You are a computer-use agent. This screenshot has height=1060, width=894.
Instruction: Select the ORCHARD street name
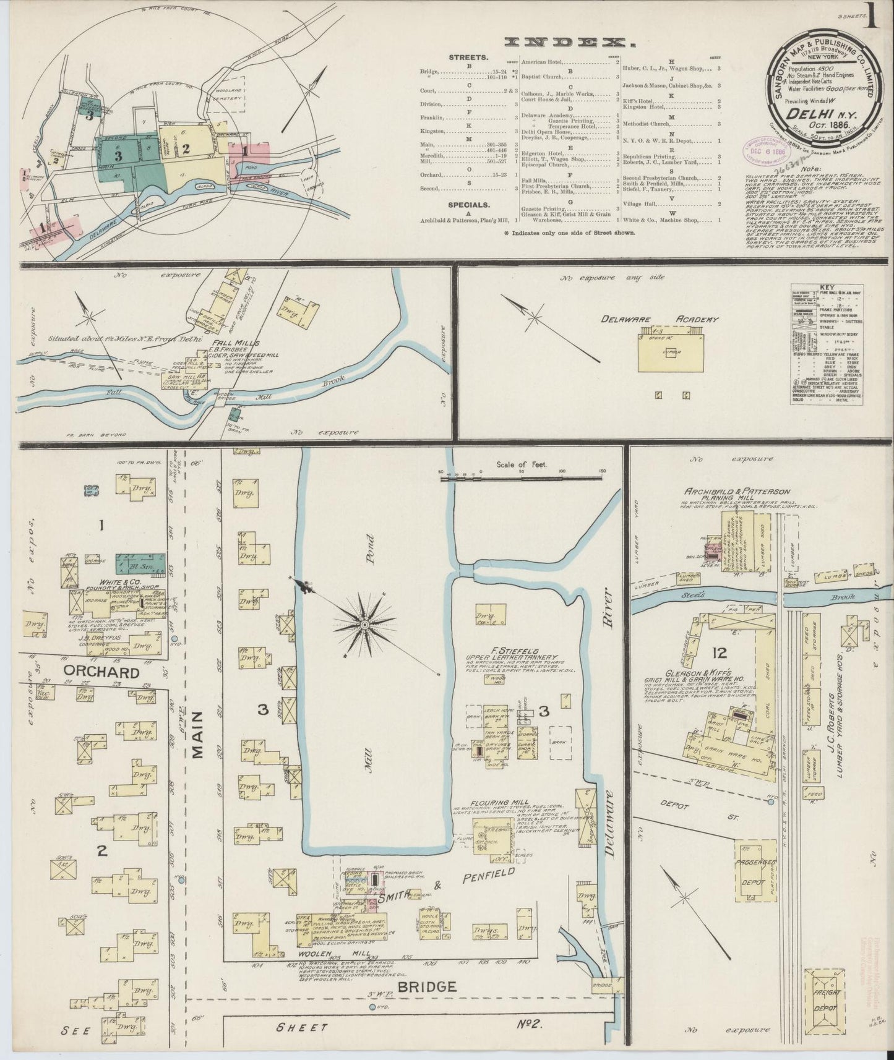[100, 672]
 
